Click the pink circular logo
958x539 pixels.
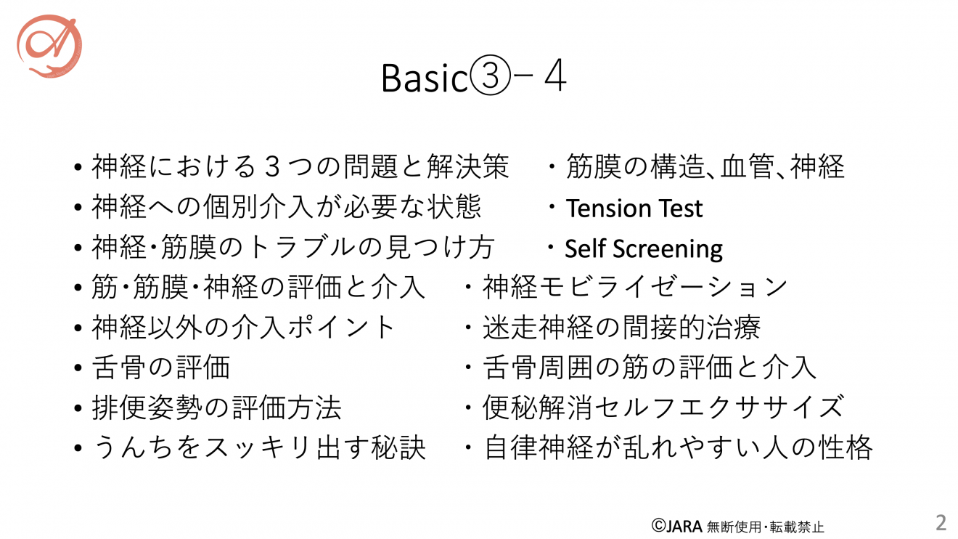pyautogui.click(x=49, y=46)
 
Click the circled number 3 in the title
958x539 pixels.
pyautogui.click(x=490, y=76)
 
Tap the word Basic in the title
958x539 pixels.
pyautogui.click(x=425, y=78)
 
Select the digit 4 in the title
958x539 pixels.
pyautogui.click(x=555, y=76)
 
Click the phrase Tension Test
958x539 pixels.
pyautogui.click(x=634, y=208)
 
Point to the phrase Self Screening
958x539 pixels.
pyautogui.click(x=644, y=249)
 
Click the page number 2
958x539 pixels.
pyautogui.click(x=941, y=523)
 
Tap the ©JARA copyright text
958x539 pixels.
pyautogui.click(x=676, y=526)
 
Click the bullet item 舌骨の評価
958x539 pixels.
pyautogui.click(x=161, y=368)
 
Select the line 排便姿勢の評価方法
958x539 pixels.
pyautogui.click(x=216, y=408)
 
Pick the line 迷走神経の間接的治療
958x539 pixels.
pyautogui.click(x=621, y=328)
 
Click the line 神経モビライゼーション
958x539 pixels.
pyautogui.click(x=634, y=287)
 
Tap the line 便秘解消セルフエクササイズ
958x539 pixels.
pyautogui.click(x=663, y=408)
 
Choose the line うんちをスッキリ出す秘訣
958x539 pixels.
pyautogui.click(x=259, y=447)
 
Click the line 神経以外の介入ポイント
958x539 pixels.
pyautogui.click(x=243, y=328)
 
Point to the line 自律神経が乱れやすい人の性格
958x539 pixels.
pyautogui.click(x=678, y=447)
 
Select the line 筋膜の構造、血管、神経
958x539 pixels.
pyautogui.click(x=705, y=166)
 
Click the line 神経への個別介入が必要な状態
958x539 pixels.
pyautogui.click(x=286, y=207)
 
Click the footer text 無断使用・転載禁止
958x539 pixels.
pyautogui.click(x=765, y=527)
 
